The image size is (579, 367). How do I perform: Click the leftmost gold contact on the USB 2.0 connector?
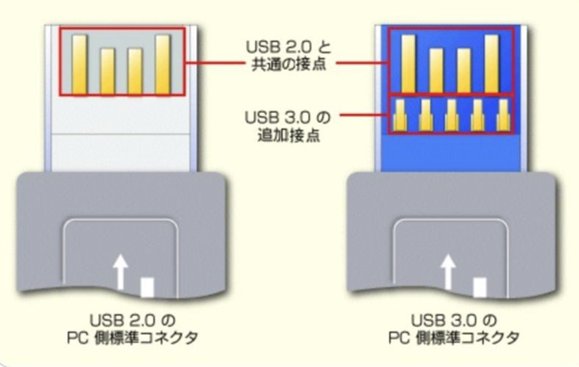coord(79,61)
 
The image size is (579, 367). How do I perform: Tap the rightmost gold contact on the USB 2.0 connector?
coord(163,61)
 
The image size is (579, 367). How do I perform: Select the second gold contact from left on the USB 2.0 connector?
coord(108,68)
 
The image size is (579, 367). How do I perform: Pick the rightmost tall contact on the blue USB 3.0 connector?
coord(492,61)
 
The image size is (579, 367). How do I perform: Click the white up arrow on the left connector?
coord(119,273)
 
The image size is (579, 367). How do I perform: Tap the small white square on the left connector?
coord(148,286)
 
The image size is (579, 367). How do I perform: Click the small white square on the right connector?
coord(480,286)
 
